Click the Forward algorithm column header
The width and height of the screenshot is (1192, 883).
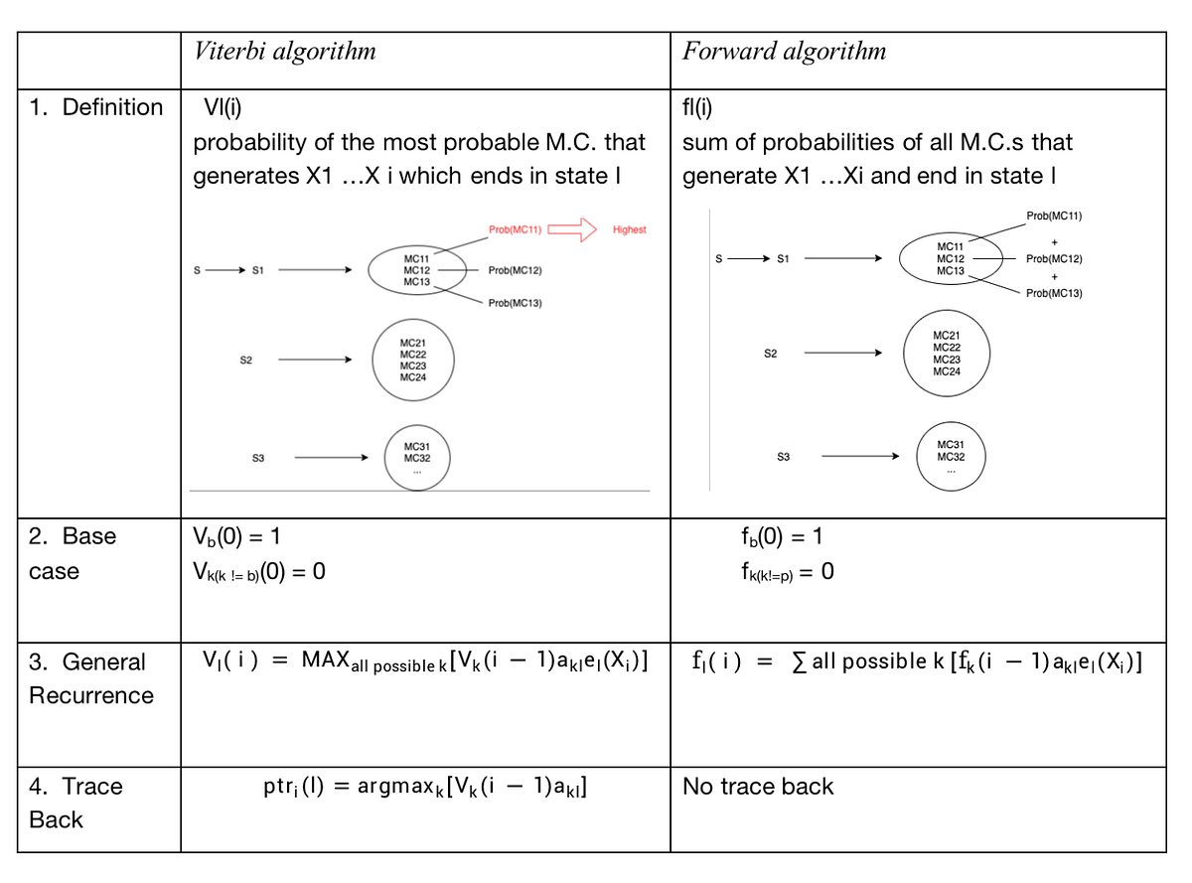pyautogui.click(x=784, y=52)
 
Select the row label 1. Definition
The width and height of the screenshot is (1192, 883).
pyautogui.click(x=96, y=107)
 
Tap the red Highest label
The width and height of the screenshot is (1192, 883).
pyautogui.click(x=629, y=229)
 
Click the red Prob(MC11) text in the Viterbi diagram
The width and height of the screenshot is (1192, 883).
pyautogui.click(x=515, y=229)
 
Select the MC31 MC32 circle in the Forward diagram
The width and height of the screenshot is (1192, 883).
pyautogui.click(x=950, y=456)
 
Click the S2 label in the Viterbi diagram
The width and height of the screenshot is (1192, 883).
pyautogui.click(x=246, y=361)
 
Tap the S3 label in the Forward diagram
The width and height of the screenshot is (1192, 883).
pyautogui.click(x=783, y=457)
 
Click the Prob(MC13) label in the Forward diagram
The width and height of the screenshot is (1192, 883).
pyautogui.click(x=1054, y=294)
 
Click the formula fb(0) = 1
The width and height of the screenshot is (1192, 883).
pyautogui.click(x=781, y=537)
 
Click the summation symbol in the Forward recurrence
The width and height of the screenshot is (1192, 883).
pyautogui.click(x=801, y=663)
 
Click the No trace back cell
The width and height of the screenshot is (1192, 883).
pyautogui.click(x=758, y=787)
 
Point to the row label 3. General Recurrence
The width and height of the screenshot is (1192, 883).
pyautogui.click(x=90, y=678)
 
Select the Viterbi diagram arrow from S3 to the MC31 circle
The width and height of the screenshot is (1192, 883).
pyautogui.click(x=331, y=458)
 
